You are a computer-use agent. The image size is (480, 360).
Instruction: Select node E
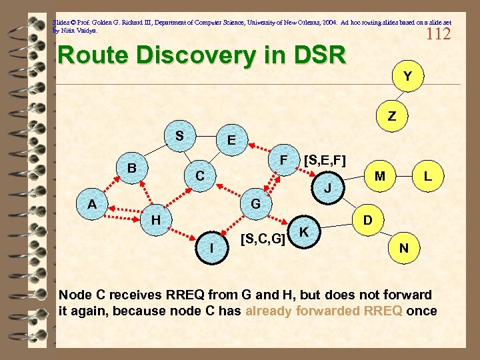pos(231,141)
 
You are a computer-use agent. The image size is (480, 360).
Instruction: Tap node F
pos(283,161)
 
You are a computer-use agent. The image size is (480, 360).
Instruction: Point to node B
pos(132,168)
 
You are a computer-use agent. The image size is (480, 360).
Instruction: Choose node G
pos(255,203)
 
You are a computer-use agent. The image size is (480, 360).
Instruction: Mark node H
pos(155,219)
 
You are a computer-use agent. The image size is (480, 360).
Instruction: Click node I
pos(211,248)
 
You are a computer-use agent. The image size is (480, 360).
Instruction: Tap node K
pos(304,231)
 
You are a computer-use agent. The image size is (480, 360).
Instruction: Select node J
pos(327,188)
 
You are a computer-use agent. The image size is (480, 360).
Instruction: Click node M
pos(379,176)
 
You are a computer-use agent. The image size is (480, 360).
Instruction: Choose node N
pos(404,248)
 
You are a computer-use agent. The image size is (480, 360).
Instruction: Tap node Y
pos(406,77)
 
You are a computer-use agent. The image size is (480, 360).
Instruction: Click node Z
pos(392,116)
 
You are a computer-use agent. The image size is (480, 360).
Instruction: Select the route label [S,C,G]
pos(263,237)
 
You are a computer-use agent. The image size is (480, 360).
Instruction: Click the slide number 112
pos(438,33)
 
